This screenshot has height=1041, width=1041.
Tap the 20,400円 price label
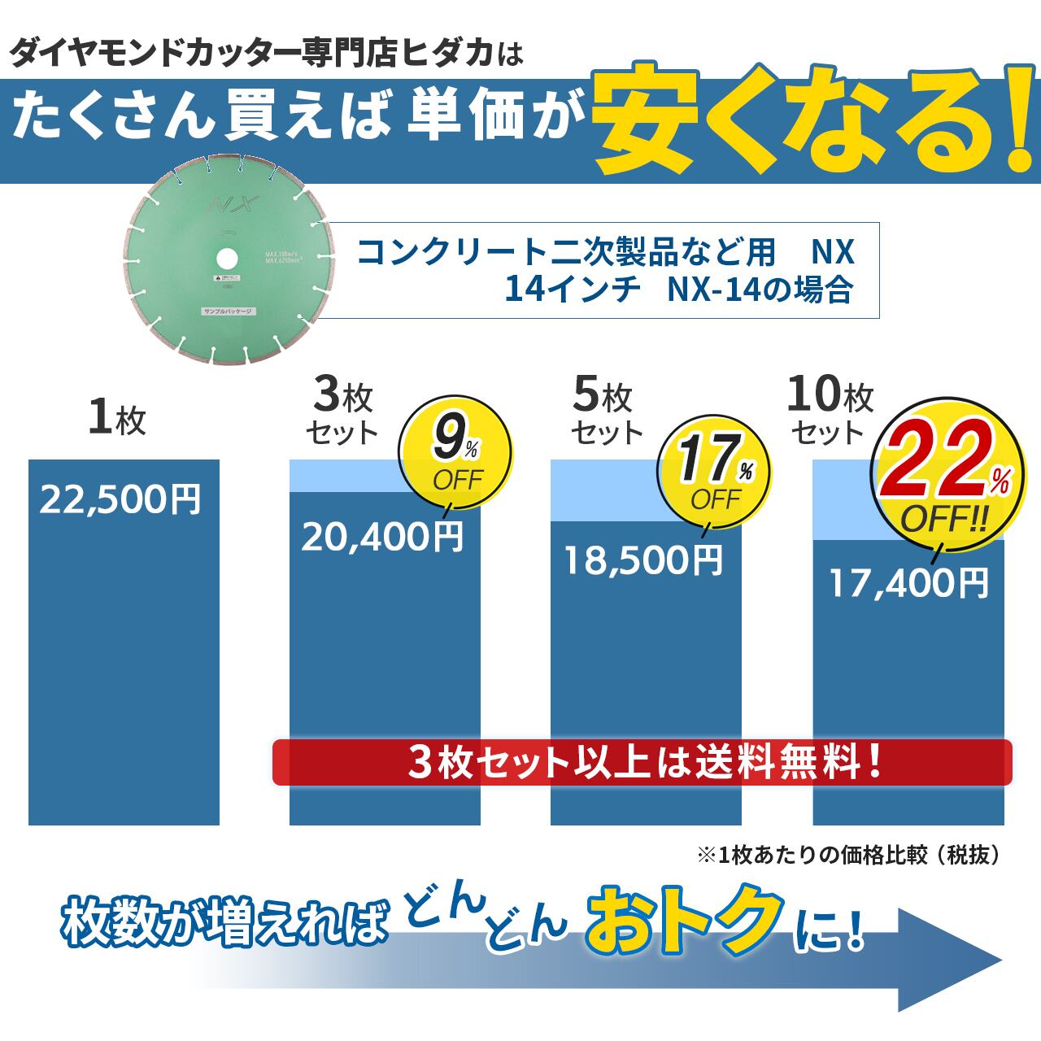point(382,536)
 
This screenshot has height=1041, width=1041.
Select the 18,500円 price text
point(643,560)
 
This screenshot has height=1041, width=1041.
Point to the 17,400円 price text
point(908,582)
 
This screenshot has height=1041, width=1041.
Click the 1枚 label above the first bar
point(117,418)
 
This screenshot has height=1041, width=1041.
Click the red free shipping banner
point(642,762)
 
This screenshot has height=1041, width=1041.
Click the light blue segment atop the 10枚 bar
point(846,504)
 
